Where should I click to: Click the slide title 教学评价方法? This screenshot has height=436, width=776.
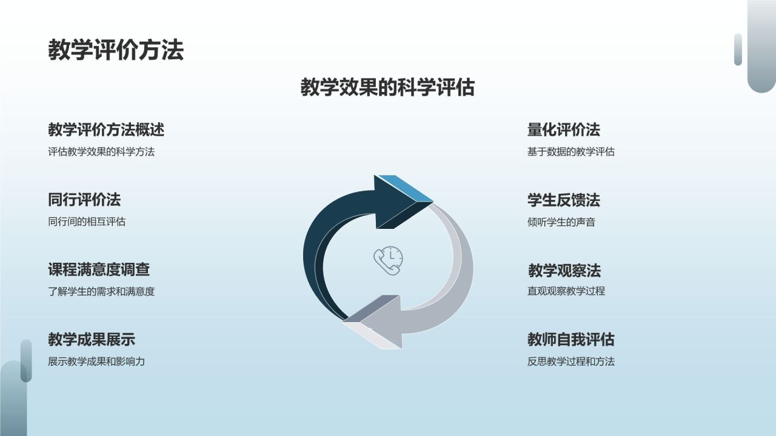115,50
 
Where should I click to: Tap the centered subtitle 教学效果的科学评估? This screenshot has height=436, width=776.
387,88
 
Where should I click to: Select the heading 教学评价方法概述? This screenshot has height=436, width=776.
106,130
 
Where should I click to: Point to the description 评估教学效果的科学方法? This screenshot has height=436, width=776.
101,152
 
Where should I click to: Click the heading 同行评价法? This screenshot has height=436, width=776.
84,200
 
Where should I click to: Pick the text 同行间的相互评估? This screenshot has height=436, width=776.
87,222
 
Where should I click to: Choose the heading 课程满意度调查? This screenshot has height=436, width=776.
99,269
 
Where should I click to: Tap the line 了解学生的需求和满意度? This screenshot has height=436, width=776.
101,291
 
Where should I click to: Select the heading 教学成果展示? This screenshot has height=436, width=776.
92,340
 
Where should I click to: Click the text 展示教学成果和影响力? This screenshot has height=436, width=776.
96,362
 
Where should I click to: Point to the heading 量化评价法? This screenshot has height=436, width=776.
564,130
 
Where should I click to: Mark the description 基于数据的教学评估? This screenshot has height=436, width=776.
571,152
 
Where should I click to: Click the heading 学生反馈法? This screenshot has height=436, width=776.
564,200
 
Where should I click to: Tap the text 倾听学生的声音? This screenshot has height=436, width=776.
561,222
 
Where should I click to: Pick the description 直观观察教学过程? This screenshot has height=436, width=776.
566,291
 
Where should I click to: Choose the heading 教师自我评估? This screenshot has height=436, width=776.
571,340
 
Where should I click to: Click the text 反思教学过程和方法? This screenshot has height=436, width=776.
571,362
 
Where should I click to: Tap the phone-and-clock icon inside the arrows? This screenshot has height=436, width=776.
388,261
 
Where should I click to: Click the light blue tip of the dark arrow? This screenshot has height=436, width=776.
406,187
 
